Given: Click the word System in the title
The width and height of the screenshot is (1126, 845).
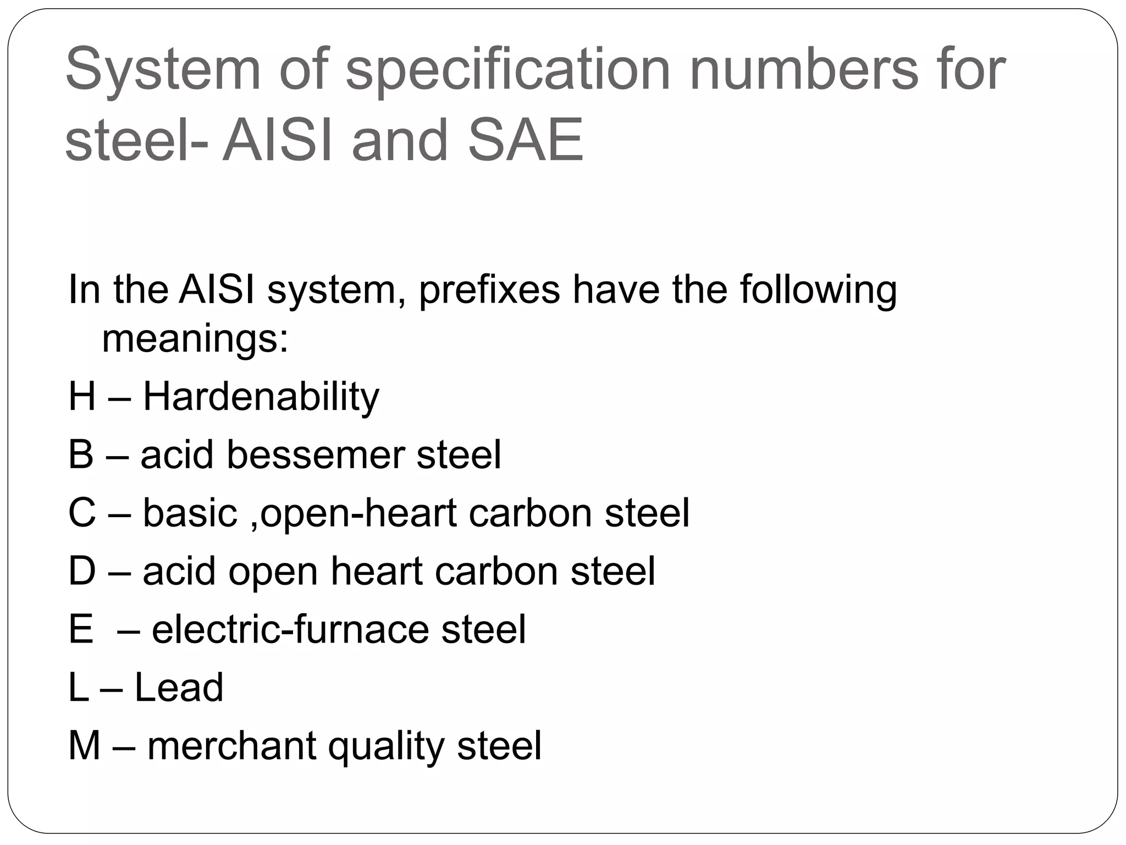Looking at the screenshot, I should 163,70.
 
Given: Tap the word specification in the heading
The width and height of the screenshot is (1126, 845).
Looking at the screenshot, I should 507,70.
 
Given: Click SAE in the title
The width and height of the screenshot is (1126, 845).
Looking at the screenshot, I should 525,140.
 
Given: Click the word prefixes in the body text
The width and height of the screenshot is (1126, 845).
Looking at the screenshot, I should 489,290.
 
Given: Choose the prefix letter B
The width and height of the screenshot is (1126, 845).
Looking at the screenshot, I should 81,455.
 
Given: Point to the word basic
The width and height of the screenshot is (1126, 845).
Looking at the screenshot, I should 190,513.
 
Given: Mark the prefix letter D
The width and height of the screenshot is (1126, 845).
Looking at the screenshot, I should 81,571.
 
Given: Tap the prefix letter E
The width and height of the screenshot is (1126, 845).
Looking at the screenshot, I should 80,629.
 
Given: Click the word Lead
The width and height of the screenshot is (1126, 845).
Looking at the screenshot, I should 179,688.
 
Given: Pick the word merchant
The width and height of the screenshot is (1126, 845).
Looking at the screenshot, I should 231,746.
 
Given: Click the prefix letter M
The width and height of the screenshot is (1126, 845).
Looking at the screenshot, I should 84,746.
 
